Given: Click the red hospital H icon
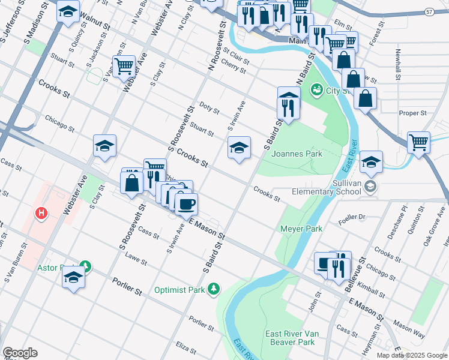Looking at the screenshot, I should click(x=41, y=213).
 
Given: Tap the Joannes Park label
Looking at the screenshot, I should click(x=297, y=154).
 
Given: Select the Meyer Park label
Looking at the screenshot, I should click(x=301, y=229).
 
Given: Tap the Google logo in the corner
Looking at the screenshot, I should click(x=20, y=353).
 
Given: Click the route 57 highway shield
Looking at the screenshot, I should click(x=429, y=11).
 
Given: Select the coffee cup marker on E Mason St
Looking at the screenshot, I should click(x=186, y=205).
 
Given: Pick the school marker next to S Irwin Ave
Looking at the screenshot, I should click(x=239, y=148).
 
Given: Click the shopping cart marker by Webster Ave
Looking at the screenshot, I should click(x=124, y=66).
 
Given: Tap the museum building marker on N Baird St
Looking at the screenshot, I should click(x=289, y=96).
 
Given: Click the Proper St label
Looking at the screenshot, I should click(x=412, y=113).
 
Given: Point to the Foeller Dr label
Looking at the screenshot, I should click(x=352, y=217).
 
